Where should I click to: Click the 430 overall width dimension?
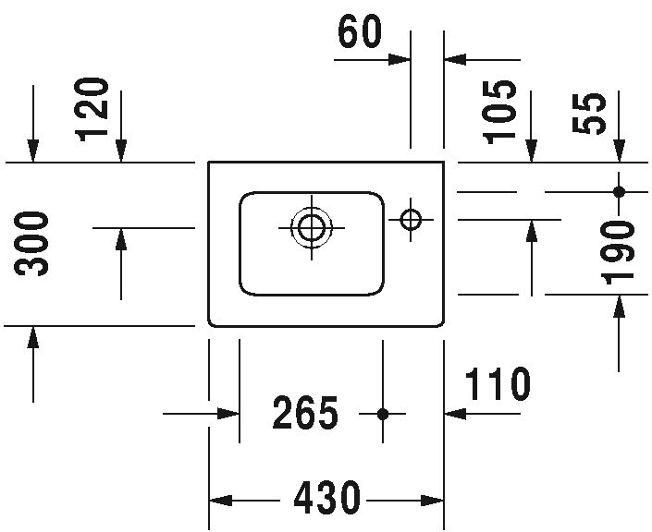coord(326,498)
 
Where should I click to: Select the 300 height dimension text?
coord(31,243)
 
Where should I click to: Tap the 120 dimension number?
coord(92,109)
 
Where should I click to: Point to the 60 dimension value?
coord(360,31)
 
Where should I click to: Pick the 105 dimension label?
coord(499,112)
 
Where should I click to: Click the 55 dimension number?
coord(588,113)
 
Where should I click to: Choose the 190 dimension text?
coord(619,252)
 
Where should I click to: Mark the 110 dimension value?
coord(498,383)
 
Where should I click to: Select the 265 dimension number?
coord(305,413)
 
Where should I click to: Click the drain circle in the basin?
coord(312,228)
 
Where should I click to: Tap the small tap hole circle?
coord(411,219)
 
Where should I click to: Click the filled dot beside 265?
coord(383,414)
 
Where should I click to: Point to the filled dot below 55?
coord(619,192)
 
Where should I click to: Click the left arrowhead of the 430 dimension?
coord(220,501)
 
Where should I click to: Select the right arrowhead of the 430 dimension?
coord(433,501)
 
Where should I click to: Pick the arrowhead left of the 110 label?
coord(455,414)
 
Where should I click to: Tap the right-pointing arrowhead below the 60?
coord(400,60)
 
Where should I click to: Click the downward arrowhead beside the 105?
coord(531,151)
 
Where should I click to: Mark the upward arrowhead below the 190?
coord(619,306)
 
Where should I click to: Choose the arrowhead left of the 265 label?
coord(228,414)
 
